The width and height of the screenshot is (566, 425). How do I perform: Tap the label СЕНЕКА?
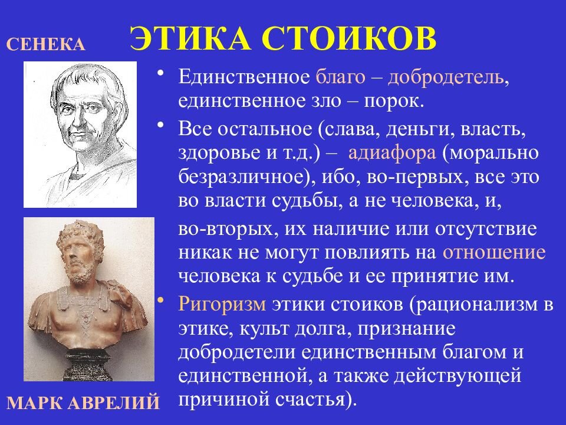point(46,44)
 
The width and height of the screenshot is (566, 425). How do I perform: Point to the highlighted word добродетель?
point(446,77)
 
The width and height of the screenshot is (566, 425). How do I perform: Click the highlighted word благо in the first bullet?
point(340,79)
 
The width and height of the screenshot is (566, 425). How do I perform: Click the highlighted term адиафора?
point(392,153)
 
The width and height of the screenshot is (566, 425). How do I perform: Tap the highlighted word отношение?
point(494,253)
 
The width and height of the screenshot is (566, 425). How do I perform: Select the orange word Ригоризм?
point(222,305)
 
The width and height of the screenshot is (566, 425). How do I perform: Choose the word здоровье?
point(220,153)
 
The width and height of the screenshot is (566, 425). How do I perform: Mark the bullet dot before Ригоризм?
point(161,300)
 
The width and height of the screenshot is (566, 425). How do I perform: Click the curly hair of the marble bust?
point(77,232)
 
